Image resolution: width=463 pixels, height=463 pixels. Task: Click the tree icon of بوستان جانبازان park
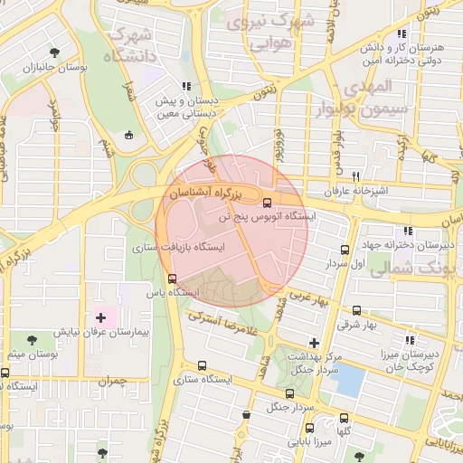[x=56, y=52]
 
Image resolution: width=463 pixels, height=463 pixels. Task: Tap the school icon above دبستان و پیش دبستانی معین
[x=186, y=87]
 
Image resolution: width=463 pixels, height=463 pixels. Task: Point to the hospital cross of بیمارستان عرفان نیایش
[x=100, y=318]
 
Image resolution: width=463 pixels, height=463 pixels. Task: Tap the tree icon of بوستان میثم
[x=33, y=340]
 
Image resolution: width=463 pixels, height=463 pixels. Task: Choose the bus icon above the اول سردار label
[x=344, y=250]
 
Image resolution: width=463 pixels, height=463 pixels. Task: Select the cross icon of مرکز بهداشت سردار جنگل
[x=314, y=343]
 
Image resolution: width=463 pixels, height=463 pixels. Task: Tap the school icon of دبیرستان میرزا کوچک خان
[x=410, y=341]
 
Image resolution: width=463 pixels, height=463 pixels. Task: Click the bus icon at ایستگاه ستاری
[x=201, y=366]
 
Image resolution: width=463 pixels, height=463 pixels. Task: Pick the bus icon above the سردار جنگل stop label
[x=289, y=393]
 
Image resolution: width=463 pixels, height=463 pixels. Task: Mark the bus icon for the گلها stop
[x=344, y=418]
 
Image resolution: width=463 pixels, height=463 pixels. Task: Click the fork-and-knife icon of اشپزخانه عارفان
[x=356, y=176]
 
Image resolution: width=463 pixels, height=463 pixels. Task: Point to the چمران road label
[x=111, y=383]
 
